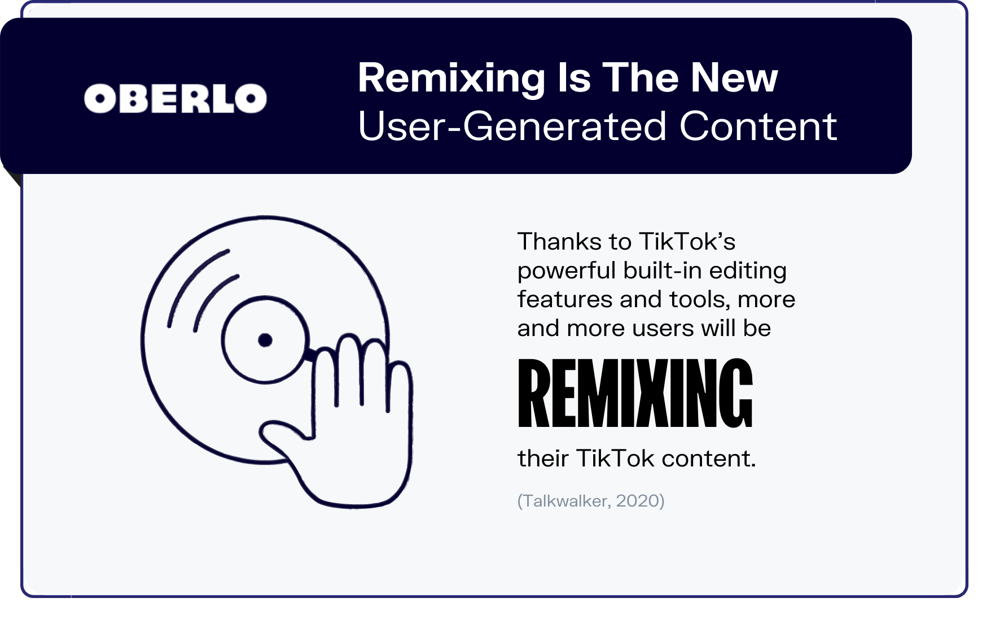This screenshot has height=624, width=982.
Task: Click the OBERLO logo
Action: click(x=176, y=98)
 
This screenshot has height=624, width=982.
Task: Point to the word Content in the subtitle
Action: click(x=758, y=126)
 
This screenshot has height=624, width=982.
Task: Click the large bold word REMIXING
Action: click(x=635, y=394)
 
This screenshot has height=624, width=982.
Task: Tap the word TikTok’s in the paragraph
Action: click(x=688, y=242)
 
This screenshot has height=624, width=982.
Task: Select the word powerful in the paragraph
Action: click(x=567, y=272)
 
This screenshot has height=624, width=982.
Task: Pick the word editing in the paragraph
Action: click(x=747, y=272)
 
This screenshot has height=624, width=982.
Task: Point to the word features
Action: click(x=564, y=299)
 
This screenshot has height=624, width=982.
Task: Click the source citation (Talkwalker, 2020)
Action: click(x=591, y=501)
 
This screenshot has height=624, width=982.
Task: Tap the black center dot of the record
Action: click(x=265, y=340)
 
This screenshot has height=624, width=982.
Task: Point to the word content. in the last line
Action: click(x=709, y=459)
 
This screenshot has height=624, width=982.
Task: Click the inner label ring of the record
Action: click(x=222, y=340)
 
